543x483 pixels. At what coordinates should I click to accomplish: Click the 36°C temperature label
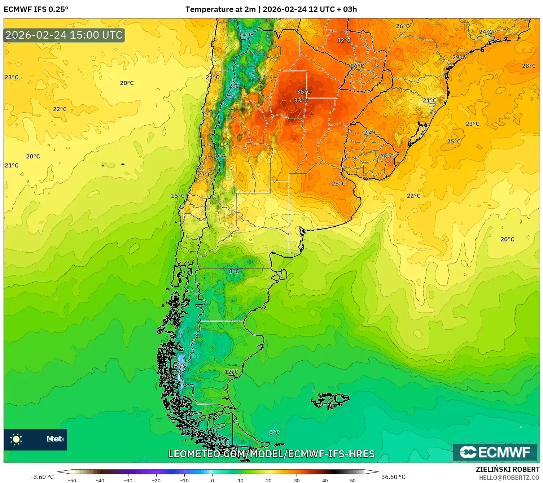coord(303,92)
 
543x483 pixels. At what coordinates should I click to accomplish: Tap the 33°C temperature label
coord(301,100)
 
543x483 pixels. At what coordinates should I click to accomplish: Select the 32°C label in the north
coord(343,40)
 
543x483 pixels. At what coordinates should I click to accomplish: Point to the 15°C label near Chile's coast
coord(178,196)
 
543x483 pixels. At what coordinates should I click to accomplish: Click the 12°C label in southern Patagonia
coord(231,371)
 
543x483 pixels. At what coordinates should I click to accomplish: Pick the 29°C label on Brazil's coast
coord(459,57)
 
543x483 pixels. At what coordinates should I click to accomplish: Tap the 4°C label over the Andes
coord(247,35)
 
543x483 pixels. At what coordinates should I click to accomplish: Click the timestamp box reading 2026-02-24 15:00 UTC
coord(64,35)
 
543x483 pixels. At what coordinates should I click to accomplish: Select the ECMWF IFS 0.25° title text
coord(36,9)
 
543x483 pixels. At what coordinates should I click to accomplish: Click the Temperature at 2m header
coord(220,9)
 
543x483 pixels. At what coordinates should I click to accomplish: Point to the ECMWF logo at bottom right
coord(495,452)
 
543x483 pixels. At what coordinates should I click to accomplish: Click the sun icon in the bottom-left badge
coord(16,439)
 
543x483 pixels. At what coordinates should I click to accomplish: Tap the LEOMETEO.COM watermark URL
coord(271,454)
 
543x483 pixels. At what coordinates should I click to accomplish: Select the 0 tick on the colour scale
coord(213,480)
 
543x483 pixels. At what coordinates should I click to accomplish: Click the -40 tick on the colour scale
coord(100,480)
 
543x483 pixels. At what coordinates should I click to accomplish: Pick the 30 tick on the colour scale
coord(297,480)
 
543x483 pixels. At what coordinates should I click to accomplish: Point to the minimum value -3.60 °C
coord(42,477)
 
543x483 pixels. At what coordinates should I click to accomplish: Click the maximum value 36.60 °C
coord(393,477)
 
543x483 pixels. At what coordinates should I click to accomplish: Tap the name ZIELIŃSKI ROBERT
coord(507,469)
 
